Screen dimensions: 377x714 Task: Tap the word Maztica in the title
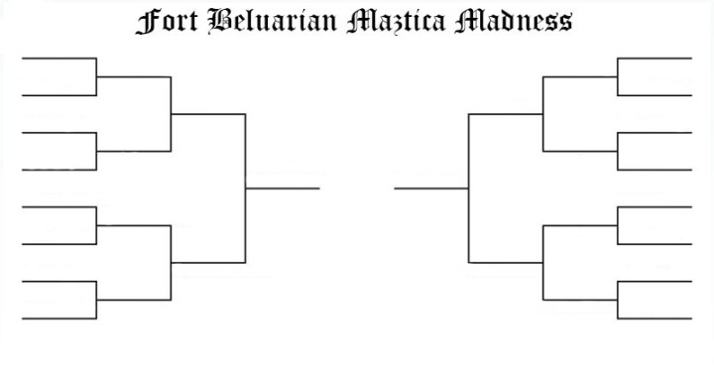pyautogui.click(x=395, y=21)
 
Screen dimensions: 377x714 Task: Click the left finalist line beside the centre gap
pyautogui.click(x=283, y=188)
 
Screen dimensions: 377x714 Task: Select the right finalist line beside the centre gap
pyautogui.click(x=431, y=188)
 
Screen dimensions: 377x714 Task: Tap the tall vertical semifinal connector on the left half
pyautogui.click(x=245, y=188)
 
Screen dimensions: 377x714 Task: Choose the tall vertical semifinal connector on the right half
pyautogui.click(x=468, y=188)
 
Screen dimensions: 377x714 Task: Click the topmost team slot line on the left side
pyautogui.click(x=59, y=59)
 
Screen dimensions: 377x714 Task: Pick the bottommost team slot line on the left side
pyautogui.click(x=59, y=318)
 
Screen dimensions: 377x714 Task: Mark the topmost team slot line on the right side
pyautogui.click(x=654, y=59)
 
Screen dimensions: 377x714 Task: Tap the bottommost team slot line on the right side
pyautogui.click(x=654, y=318)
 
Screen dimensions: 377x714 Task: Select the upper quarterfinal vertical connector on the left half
pyautogui.click(x=171, y=114)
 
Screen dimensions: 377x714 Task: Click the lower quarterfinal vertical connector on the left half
pyautogui.click(x=171, y=262)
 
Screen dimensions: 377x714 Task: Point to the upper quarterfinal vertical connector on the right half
pyautogui.click(x=543, y=114)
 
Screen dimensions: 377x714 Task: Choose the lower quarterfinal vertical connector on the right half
pyautogui.click(x=543, y=262)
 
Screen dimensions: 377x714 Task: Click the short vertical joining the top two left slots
pyautogui.click(x=96, y=77)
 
